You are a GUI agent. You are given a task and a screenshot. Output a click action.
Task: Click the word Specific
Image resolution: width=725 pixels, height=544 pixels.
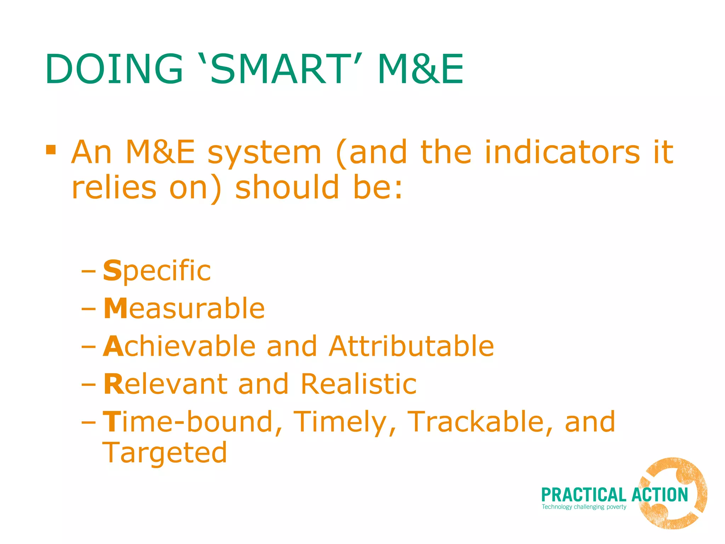pyautogui.click(x=157, y=271)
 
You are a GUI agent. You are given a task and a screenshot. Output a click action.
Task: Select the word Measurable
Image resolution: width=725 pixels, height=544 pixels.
pyautogui.click(x=184, y=309)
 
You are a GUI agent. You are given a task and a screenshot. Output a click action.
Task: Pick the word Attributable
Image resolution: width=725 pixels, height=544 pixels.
pyautogui.click(x=411, y=346)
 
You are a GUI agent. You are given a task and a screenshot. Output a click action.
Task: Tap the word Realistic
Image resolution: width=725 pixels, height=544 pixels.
pyautogui.click(x=359, y=384)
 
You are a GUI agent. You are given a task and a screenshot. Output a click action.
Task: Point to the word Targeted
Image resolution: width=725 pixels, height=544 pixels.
pyautogui.click(x=165, y=453)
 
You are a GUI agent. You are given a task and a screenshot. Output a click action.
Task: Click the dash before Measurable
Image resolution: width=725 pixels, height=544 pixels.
pyautogui.click(x=88, y=309)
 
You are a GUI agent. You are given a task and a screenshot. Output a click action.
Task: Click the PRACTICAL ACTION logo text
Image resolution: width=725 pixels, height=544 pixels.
pyautogui.click(x=614, y=495)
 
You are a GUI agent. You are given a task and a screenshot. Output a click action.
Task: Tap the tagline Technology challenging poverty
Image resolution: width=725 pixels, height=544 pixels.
pyautogui.click(x=584, y=507)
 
